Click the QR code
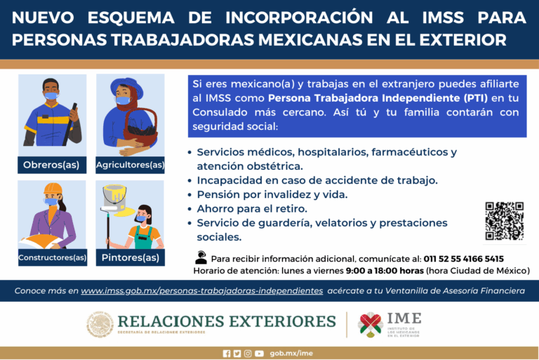504,221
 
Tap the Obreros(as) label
52,166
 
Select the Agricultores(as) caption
130,166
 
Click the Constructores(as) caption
52,258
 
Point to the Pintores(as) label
130,258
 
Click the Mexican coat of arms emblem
100,324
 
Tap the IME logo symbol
370,324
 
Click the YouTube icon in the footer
260,353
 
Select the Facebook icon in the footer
226,353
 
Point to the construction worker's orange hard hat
53,189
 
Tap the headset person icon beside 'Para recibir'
201,258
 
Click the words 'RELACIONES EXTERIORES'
227,321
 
